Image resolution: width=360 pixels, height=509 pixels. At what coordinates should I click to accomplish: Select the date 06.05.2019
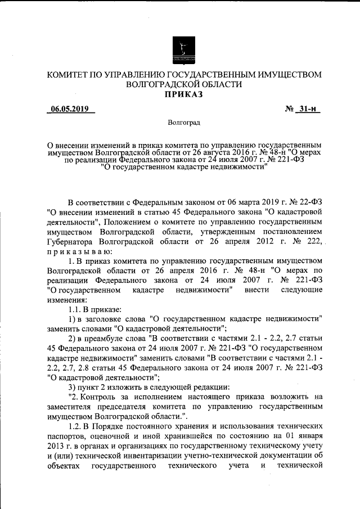[x=70, y=109]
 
